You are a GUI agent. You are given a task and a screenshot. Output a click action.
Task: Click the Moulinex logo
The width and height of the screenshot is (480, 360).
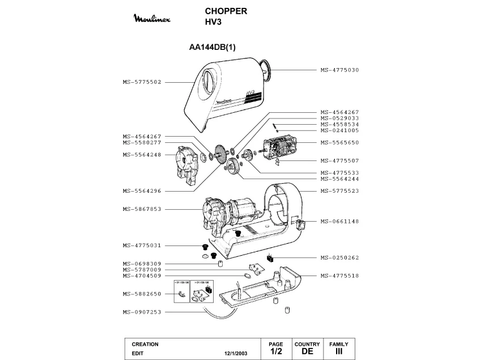[x=155, y=20]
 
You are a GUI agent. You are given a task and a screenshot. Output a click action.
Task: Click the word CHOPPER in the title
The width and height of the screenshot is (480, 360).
[x=225, y=11]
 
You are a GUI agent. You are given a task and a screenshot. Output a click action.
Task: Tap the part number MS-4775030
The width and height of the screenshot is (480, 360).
[x=339, y=70]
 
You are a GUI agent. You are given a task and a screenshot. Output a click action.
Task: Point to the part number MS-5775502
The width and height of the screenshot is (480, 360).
[x=142, y=82]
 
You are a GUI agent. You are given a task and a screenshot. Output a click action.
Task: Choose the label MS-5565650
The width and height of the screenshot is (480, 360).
[x=339, y=142]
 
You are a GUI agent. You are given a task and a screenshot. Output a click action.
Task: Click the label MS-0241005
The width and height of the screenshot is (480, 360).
[x=339, y=130]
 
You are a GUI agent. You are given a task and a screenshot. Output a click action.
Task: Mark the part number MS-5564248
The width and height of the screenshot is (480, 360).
[x=142, y=155]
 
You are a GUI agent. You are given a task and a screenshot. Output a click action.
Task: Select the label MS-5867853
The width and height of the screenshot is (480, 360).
[x=142, y=209]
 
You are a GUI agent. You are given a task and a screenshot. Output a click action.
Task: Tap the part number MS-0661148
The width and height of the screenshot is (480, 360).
[x=339, y=221]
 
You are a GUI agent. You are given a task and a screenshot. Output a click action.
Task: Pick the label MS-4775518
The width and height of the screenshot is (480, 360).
[x=339, y=276]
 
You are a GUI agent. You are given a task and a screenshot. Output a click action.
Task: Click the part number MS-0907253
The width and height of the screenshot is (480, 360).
[x=142, y=312]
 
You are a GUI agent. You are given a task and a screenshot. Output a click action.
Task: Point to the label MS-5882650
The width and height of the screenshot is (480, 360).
[x=142, y=294]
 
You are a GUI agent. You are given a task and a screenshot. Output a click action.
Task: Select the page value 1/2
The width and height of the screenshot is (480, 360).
[x=275, y=351]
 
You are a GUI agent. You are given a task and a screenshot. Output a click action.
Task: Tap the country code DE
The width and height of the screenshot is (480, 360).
[x=307, y=351]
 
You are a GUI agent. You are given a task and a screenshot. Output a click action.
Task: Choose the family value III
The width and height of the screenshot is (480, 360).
[x=339, y=351]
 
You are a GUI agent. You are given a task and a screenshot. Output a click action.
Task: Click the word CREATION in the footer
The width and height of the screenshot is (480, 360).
[x=145, y=344]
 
